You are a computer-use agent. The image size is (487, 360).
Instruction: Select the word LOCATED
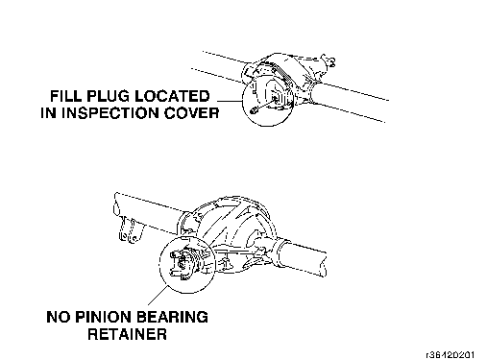pyautogui.click(x=172, y=96)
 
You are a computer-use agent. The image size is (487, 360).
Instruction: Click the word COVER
pyautogui.click(x=192, y=113)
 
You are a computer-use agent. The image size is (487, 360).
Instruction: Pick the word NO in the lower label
pyautogui.click(x=59, y=317)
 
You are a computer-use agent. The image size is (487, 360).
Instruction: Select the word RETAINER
pyautogui.click(x=128, y=334)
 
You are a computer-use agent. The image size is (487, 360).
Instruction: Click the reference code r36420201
pyautogui.click(x=450, y=355)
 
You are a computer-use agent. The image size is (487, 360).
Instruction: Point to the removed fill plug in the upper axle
pyautogui.click(x=254, y=109)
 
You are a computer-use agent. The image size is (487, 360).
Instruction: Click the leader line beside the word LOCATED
pyautogui.click(x=230, y=101)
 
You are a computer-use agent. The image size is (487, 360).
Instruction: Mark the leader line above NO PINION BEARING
pyautogui.click(x=158, y=295)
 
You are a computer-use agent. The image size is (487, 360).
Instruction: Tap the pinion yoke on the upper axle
pyautogui.click(x=329, y=60)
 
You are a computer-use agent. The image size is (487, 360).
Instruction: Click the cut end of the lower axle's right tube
pyautogui.click(x=325, y=264)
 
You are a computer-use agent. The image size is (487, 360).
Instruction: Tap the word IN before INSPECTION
pyautogui.click(x=49, y=113)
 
